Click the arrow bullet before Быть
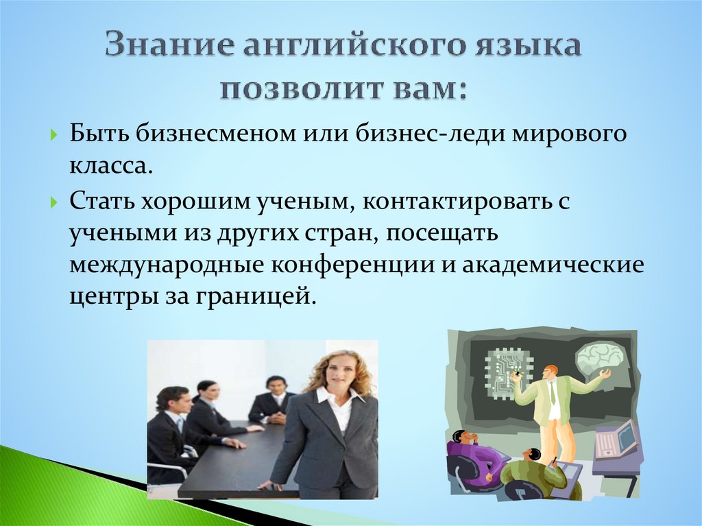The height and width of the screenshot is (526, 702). tap(54, 134)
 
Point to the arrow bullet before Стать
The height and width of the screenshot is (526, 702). tap(54, 204)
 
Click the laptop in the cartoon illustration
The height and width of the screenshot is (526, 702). tap(614, 440)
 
